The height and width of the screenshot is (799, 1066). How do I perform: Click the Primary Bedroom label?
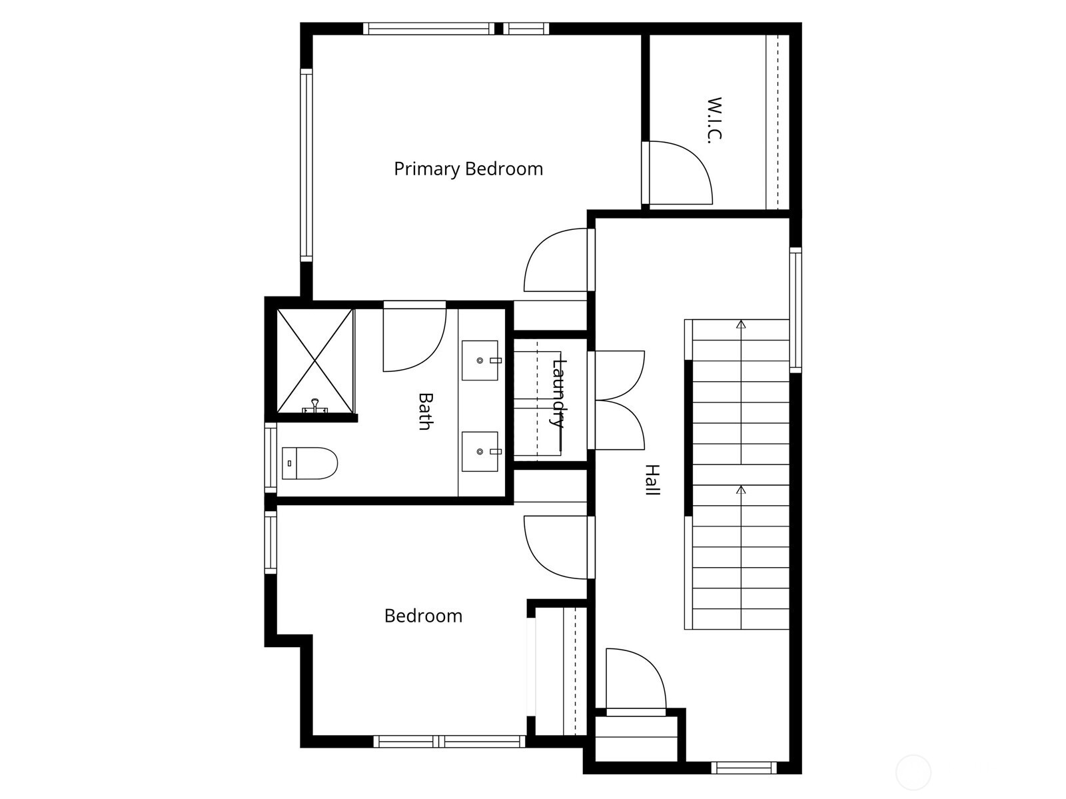(468, 169)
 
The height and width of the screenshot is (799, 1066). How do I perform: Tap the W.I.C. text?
(714, 120)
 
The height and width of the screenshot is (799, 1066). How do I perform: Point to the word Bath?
(424, 411)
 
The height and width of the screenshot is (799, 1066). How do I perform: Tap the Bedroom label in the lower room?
(423, 616)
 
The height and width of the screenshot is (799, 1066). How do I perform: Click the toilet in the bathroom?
(309, 463)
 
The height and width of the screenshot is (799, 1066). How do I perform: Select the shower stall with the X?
(314, 360)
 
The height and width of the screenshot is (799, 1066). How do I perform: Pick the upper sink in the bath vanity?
(480, 360)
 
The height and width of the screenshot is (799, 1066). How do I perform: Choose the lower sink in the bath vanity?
(480, 451)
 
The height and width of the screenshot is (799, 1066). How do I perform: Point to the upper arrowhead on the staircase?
(741, 325)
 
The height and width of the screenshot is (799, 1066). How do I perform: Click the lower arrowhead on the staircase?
(741, 490)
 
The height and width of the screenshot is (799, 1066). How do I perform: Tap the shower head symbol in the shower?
(314, 406)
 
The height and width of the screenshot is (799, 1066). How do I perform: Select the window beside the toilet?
(270, 458)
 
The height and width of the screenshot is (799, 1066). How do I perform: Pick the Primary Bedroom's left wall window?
(306, 165)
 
